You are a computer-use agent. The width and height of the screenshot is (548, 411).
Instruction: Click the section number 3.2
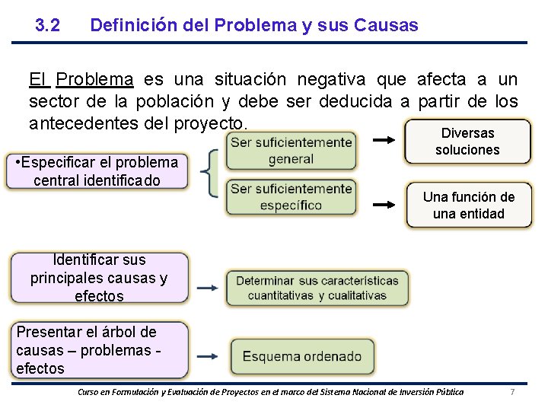48,25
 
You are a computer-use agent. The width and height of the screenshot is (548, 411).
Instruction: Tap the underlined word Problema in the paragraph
95,80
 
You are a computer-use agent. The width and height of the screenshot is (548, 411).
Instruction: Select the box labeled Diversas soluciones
467,142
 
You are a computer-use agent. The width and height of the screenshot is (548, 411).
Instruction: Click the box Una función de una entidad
468,205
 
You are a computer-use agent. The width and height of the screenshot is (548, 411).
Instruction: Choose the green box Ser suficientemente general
291,151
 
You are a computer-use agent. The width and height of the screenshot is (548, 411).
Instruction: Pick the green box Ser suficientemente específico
291,196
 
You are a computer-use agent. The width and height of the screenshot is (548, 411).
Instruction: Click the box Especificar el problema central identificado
96,171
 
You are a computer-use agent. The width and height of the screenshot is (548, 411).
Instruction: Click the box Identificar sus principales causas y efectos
99,278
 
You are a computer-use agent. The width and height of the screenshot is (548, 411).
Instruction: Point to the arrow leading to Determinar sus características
205,288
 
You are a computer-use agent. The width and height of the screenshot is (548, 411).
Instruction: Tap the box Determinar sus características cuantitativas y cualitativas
317,288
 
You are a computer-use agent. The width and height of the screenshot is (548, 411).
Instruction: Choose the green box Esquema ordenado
302,356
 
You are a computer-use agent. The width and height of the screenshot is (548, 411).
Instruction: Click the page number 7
512,392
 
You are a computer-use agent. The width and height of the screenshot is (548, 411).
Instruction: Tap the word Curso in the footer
91,392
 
